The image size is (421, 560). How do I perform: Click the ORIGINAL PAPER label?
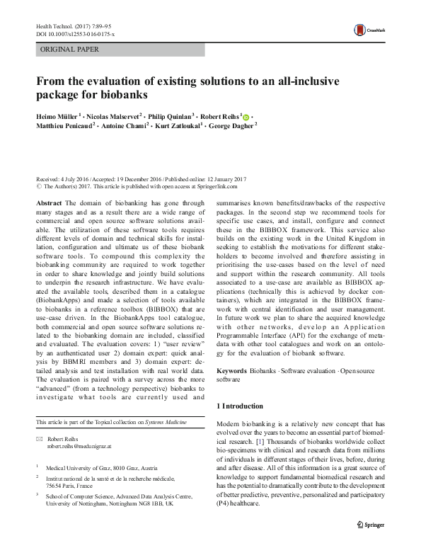70,50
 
